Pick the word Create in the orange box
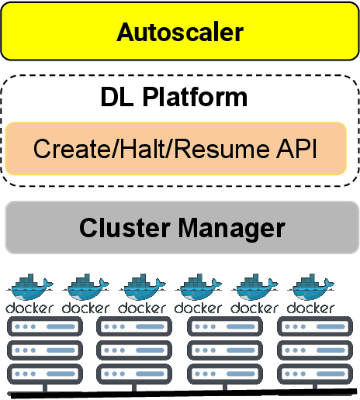[x=72, y=147]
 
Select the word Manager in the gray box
[x=232, y=229]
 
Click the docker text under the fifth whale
[x=255, y=307]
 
